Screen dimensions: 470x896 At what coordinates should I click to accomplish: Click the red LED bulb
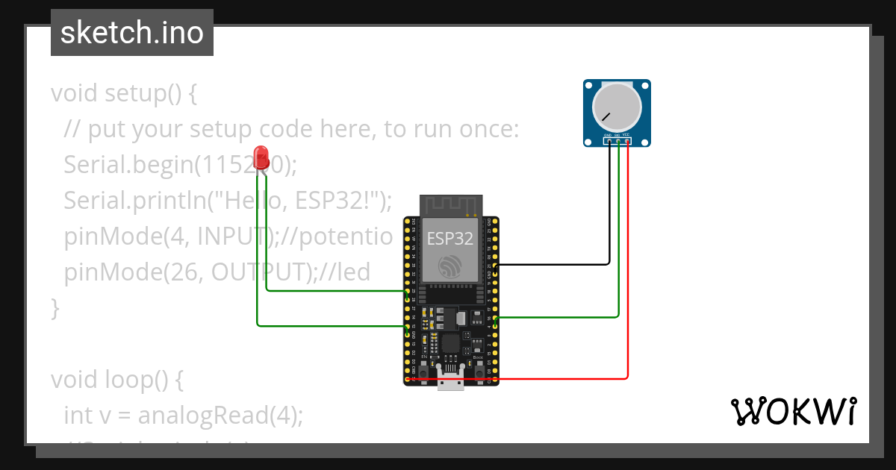coord(261,157)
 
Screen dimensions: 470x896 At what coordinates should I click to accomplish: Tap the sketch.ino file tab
coord(132,33)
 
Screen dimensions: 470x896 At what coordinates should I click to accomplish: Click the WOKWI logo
coord(792,412)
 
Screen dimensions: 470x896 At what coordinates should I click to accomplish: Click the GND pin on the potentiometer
coord(609,140)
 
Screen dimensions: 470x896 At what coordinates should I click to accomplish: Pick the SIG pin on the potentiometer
coord(617,140)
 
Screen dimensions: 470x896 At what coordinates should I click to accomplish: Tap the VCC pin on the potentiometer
coord(627,140)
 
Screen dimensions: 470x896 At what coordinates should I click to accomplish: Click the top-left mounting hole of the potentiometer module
coord(590,86)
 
